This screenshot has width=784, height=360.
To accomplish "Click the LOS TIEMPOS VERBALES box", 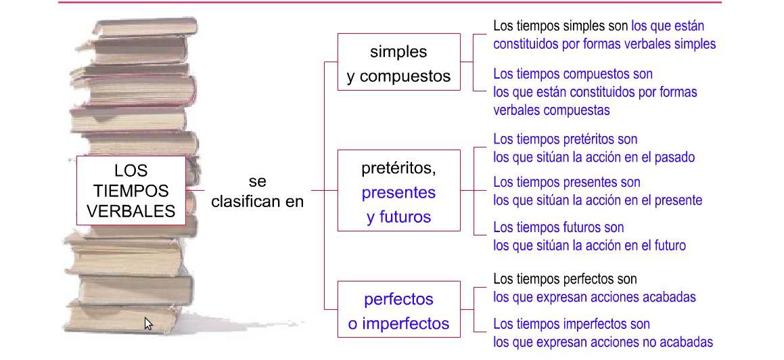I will tap(131, 190).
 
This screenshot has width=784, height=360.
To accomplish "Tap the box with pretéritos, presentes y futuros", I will tap(398, 191).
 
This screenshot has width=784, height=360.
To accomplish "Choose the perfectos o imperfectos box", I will tap(398, 311).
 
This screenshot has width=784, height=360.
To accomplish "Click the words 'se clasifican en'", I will tap(258, 192).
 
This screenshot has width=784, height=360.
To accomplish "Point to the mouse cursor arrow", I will tap(148, 323).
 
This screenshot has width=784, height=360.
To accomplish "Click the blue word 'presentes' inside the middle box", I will tap(398, 192).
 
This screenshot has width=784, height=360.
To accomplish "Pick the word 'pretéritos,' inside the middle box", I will tap(398, 167).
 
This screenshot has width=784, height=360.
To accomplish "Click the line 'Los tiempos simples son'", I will tap(561, 26).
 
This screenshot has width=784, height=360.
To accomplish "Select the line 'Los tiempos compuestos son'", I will tap(573, 74).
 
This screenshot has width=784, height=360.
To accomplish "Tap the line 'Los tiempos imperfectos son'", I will tap(572, 324).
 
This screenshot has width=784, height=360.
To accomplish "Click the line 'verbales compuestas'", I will tap(551, 110).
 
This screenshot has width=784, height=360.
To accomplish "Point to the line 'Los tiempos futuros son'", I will tap(559, 227).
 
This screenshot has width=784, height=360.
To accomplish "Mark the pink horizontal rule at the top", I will tap(390, 3).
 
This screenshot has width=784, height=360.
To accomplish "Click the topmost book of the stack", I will tap(145, 26).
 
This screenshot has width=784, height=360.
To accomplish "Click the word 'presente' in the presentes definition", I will tap(676, 200).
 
